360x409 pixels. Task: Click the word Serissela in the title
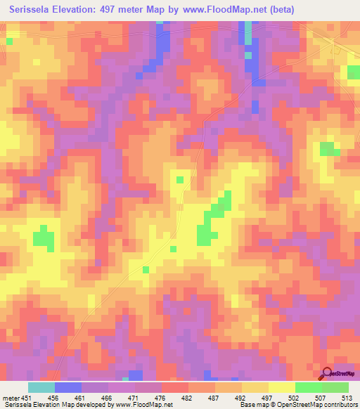(31, 9)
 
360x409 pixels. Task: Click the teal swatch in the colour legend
(41, 387)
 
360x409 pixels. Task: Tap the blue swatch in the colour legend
(68, 387)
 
